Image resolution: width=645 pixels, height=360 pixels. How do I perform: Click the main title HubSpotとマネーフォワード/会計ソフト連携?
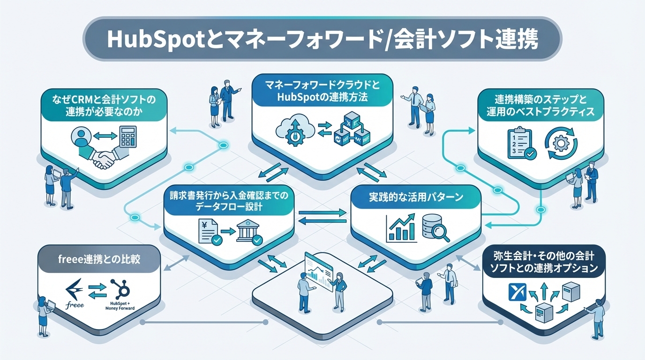coord(322,39)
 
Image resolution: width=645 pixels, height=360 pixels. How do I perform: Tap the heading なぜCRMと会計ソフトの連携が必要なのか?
coord(104,106)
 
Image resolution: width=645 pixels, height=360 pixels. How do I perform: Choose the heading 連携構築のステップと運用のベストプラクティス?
coord(540,106)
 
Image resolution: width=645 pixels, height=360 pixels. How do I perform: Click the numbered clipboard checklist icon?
coord(521,143)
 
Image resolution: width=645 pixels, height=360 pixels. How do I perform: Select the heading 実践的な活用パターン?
coord(416,197)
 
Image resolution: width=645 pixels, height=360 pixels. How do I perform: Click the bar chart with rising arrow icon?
coord(402,228)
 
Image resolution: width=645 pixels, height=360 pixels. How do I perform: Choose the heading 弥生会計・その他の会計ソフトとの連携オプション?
coord(543,262)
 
